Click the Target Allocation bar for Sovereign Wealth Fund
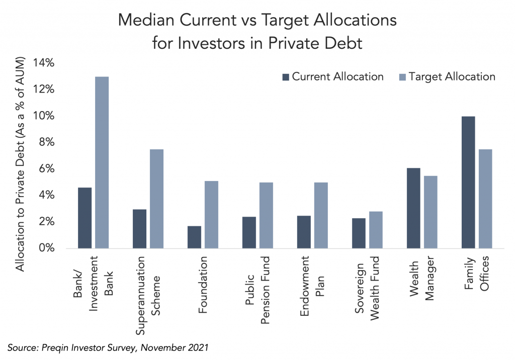[x=376, y=230]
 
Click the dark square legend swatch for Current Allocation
[x=285, y=77]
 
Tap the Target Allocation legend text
[x=452, y=76]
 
